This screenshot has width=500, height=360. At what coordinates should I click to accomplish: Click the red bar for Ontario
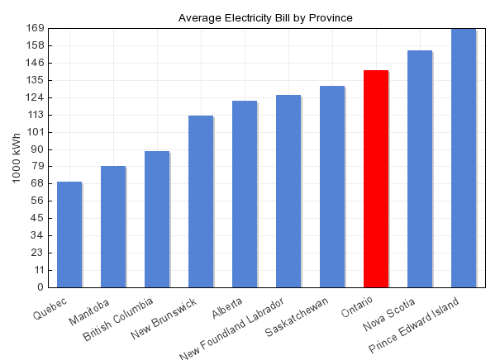point(376,178)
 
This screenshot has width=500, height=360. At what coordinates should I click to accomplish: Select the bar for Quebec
point(69,234)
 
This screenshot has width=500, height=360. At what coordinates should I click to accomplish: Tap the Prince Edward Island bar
point(464,158)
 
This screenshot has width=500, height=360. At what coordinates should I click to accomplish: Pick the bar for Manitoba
point(113,226)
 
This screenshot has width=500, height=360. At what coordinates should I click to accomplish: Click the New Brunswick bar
point(201,201)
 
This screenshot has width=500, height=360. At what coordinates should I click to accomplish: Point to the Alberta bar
point(245,194)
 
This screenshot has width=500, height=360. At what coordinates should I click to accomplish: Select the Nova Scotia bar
point(420,168)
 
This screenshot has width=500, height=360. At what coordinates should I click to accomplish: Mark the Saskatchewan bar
point(332,187)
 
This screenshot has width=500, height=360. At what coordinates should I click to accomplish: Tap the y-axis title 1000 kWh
point(17,158)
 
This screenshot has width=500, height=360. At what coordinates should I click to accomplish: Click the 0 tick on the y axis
point(40,287)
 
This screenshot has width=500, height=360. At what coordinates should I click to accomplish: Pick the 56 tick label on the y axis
point(37,201)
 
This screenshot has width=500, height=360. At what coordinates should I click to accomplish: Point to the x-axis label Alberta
point(227,307)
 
